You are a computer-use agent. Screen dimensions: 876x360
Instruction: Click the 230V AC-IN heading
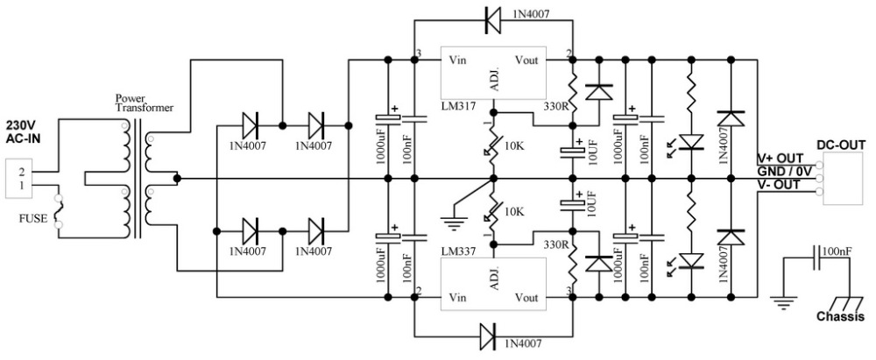tap(25, 130)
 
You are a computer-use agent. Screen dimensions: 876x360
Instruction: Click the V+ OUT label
tap(780, 159)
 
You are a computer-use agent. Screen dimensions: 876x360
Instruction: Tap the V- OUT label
tap(778, 185)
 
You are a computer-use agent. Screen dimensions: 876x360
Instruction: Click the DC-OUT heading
tap(841, 145)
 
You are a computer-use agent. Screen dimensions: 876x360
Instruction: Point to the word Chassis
tap(840, 317)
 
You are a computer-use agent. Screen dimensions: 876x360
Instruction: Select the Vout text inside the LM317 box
tap(526, 60)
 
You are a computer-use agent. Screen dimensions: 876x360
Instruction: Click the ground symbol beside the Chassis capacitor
tap(784, 304)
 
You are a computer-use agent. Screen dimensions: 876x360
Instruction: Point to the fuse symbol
tap(59, 211)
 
